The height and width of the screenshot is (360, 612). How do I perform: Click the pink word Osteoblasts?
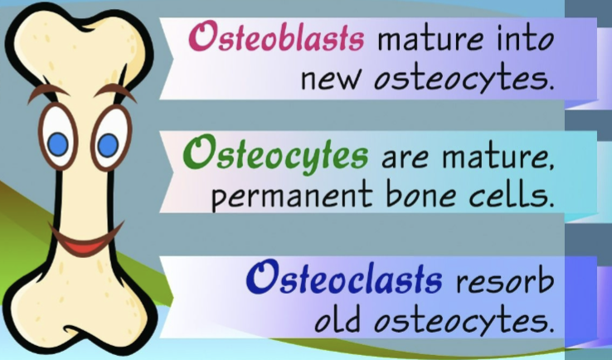277,37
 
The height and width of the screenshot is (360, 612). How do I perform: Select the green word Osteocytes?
275,154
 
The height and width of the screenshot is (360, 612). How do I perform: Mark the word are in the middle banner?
405,158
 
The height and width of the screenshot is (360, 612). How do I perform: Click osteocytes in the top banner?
464,80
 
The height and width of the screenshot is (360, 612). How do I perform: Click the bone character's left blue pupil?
58,144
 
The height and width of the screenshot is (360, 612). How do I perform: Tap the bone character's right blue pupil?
108,145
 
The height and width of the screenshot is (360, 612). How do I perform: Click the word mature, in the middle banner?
498,158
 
